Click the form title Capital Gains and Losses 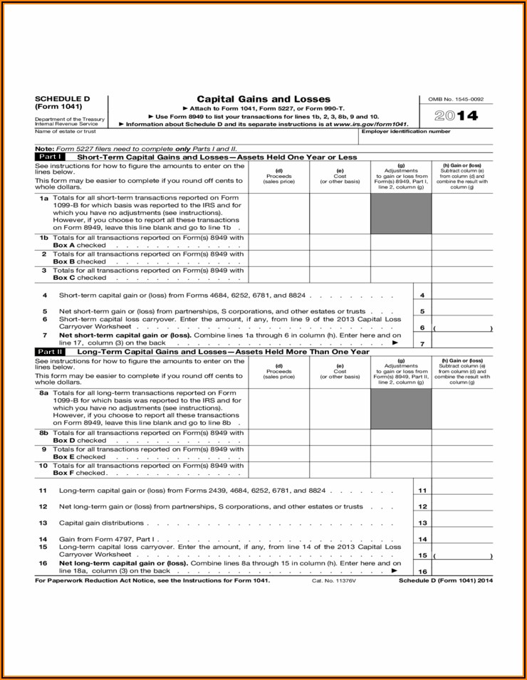click(x=263, y=99)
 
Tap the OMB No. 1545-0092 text click(x=461, y=99)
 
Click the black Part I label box click(x=51, y=157)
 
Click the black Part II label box click(x=51, y=352)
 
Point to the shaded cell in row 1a click(x=401, y=214)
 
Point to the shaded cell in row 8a click(x=401, y=409)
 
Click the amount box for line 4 click(x=462, y=295)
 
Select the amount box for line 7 click(x=462, y=343)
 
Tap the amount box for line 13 click(x=462, y=523)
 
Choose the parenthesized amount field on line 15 click(x=462, y=555)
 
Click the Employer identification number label click(x=406, y=131)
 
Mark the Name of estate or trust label click(x=66, y=131)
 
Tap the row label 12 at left click(x=43, y=507)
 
